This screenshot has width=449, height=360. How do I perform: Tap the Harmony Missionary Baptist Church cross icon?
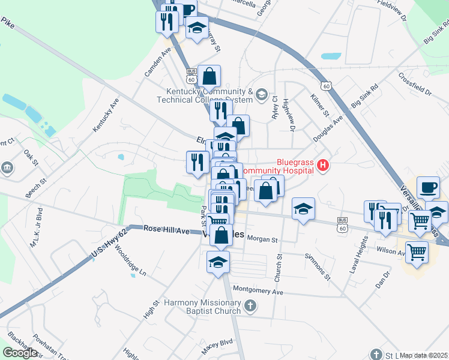[x=251, y=307]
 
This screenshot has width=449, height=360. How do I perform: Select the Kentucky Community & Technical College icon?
[x=261, y=94]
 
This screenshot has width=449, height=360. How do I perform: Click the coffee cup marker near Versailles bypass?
[x=428, y=188]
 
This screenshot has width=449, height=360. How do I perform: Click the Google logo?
[x=20, y=352]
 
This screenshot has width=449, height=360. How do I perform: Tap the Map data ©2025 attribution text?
[x=424, y=355]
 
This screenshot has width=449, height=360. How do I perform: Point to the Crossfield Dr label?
[x=415, y=85]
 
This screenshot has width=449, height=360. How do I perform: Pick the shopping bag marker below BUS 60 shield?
[x=209, y=77]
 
